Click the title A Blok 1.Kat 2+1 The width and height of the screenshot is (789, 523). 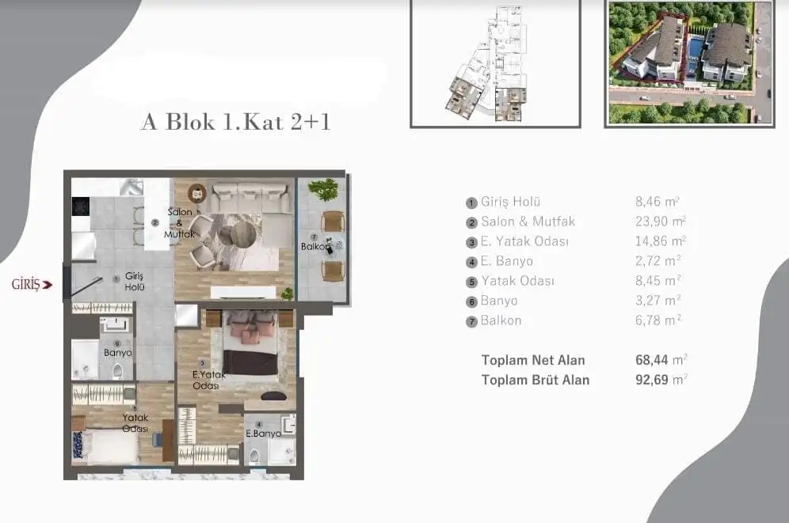coord(236,122)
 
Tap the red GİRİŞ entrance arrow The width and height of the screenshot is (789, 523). coord(48,285)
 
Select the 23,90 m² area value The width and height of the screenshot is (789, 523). coord(660,222)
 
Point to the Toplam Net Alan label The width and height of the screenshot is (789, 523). coord(533,360)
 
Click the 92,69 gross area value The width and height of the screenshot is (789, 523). coord(652,380)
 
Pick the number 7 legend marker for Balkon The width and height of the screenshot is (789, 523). coord(471,321)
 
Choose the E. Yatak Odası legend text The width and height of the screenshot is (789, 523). coord(525,241)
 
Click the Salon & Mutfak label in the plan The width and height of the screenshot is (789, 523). coord(180,223)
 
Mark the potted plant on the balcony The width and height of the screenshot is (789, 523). coord(323,190)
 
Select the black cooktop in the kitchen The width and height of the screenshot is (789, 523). coord(81,206)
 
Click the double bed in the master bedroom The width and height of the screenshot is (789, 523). coord(250,343)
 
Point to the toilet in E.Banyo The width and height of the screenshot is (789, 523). coord(254,457)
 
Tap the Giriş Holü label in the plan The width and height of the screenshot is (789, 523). coord(135,282)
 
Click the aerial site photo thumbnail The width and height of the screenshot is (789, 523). coord(689,63)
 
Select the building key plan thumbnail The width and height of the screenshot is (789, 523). coord(496,63)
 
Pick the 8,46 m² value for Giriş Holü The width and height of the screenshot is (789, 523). coord(657,202)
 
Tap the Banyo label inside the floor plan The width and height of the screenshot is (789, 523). coord(118,353)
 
